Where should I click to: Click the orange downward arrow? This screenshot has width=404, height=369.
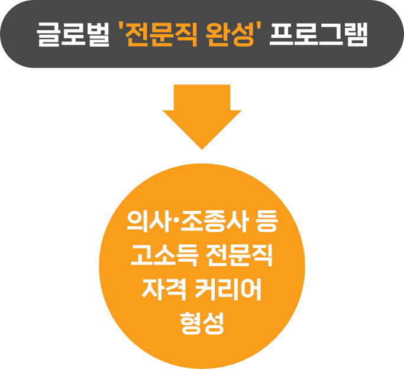(x=202, y=115)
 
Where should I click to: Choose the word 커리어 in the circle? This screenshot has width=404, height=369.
(x=230, y=291)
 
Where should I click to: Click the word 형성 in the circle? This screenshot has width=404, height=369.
(x=202, y=322)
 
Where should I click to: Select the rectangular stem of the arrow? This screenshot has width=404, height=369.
(x=202, y=97)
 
